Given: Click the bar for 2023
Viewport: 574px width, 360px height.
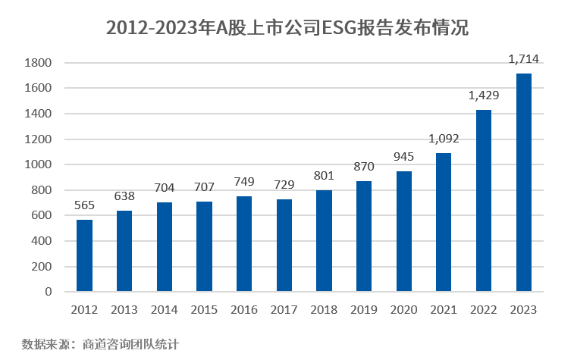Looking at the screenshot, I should (523, 182).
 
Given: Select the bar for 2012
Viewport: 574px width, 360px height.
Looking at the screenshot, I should (84, 255).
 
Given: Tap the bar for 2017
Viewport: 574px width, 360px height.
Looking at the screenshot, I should (284, 245).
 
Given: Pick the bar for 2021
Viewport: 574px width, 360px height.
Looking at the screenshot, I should (444, 222).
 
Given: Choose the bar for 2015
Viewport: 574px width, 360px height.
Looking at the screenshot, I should (204, 246).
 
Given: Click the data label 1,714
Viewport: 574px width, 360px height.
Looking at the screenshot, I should (523, 58).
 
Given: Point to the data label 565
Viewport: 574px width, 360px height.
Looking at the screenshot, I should (84, 205).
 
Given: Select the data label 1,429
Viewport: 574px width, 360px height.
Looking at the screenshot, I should (484, 95).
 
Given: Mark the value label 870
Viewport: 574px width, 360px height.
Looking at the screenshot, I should (363, 166).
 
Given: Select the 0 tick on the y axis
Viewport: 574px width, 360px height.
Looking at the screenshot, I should (48, 292).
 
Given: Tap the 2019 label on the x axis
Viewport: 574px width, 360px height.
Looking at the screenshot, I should (363, 309).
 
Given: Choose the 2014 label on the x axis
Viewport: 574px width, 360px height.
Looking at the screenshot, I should (164, 309).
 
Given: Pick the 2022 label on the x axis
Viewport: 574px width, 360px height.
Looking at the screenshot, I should (484, 309).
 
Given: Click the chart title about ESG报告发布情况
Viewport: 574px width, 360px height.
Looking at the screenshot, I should (287, 28).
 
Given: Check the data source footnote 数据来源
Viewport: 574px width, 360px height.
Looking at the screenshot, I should (100, 343).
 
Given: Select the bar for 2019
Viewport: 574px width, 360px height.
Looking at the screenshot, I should (363, 236).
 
